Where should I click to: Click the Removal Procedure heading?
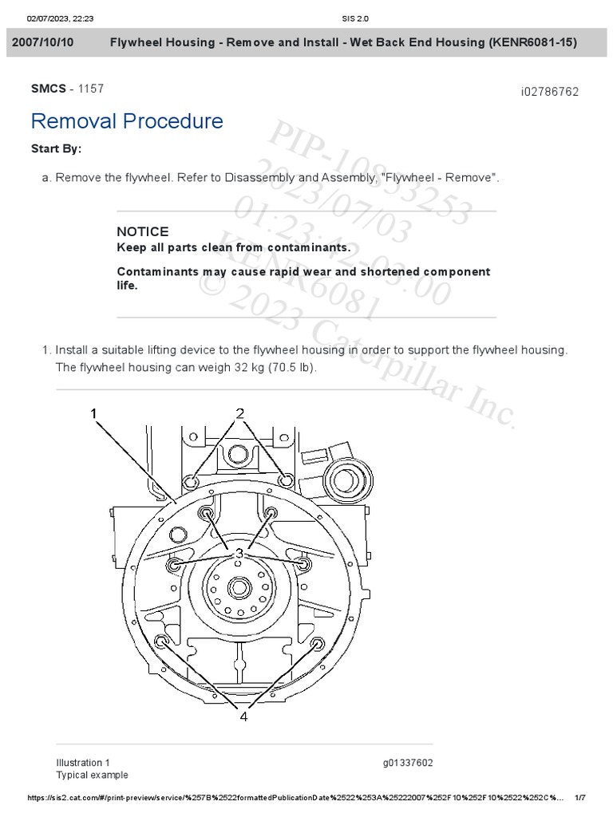tap(127, 121)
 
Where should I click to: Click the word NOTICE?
tap(143, 231)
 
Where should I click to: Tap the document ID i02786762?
tap(549, 92)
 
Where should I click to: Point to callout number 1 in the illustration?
tap(93, 413)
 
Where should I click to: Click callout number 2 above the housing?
tap(239, 413)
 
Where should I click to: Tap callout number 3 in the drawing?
tap(238, 553)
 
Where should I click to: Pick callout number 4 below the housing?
tap(243, 694)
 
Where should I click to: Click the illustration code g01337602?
tap(408, 763)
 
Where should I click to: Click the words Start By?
tap(56, 148)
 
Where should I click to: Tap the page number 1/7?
tap(580, 798)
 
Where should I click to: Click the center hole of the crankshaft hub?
tap(237, 589)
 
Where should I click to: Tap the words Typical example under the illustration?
tap(92, 775)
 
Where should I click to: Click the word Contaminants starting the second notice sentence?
tap(154, 272)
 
